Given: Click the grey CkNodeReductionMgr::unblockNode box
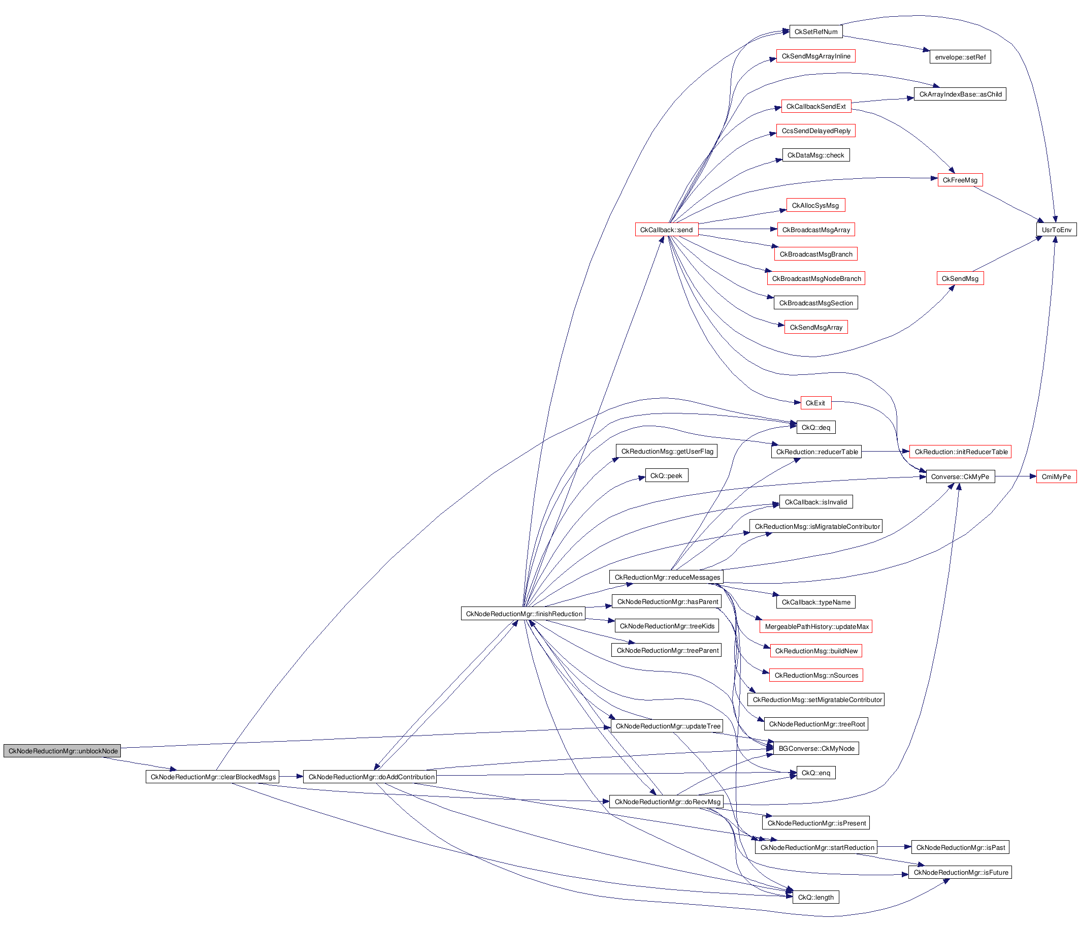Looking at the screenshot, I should tap(62, 751).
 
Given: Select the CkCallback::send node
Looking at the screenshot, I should tap(666, 230).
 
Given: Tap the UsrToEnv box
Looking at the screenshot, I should tap(1056, 230).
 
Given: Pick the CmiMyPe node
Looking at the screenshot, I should tap(1056, 476).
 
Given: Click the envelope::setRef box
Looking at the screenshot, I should tap(960, 57).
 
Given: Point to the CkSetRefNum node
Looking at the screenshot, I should tap(815, 32).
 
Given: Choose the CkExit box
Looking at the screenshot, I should tap(815, 403).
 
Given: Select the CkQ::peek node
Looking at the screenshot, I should tap(666, 475).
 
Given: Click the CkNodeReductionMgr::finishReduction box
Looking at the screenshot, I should tap(524, 614).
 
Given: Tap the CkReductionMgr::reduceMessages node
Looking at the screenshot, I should tap(667, 577).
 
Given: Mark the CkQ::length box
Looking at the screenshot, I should tap(815, 897).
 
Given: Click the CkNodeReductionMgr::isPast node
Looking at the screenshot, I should tap(960, 847).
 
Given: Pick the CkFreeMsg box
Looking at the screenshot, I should tap(960, 180).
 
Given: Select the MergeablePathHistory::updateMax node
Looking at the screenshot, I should tap(816, 626).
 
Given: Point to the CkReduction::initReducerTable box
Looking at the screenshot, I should tap(960, 452).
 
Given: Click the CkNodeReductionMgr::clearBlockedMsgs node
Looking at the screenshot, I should tap(213, 777).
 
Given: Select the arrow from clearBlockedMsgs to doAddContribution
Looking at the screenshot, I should tap(291, 777).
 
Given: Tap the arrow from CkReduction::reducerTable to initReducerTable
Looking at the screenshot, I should tap(885, 452).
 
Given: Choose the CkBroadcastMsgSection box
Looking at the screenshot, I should tap(815, 303).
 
